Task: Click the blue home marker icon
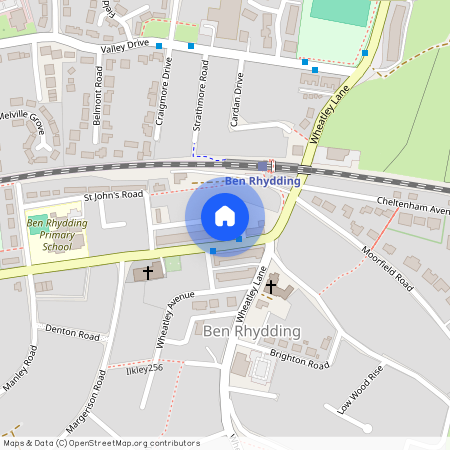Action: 225,216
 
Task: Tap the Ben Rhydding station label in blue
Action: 262,181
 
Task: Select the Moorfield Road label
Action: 387,267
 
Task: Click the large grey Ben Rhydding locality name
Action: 251,331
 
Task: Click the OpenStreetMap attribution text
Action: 101,443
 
